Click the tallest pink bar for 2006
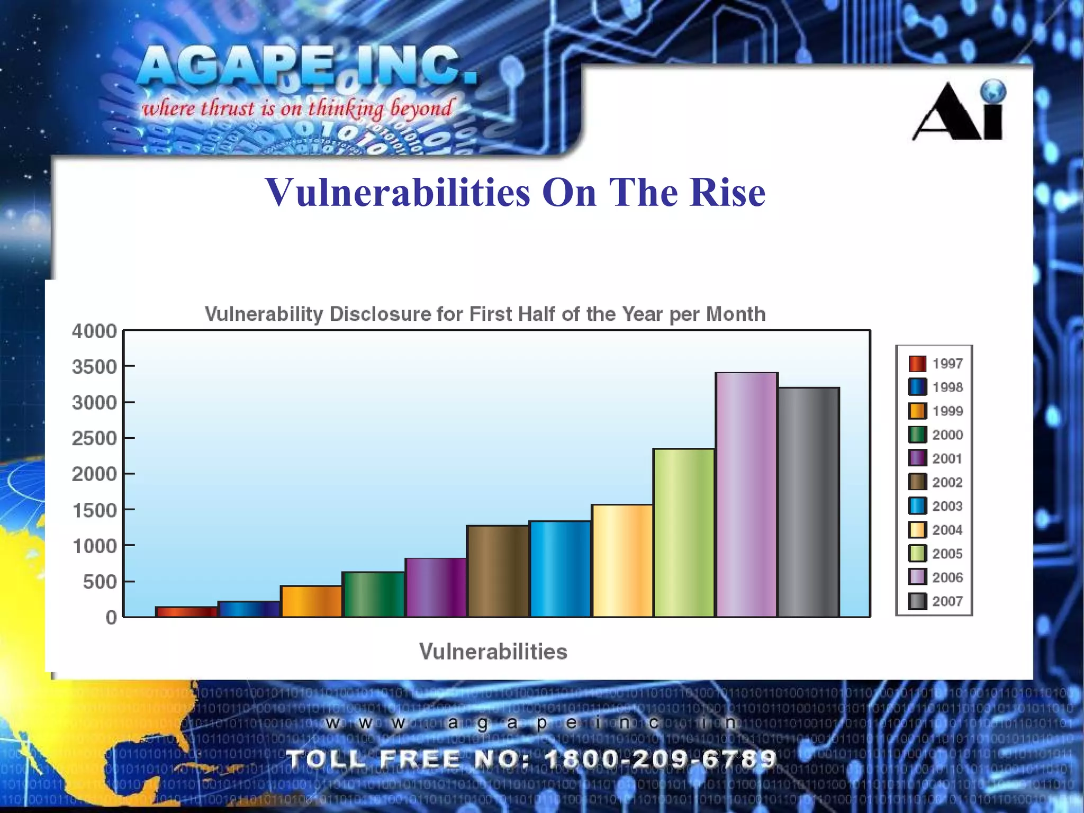746,495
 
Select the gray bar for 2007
809,502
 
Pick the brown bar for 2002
498,571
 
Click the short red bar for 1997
186,612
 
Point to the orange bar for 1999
311,601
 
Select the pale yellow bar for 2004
622,561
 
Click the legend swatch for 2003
917,506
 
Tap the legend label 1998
947,387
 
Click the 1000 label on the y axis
94,546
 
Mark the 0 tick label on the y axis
111,617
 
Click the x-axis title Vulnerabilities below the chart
493,652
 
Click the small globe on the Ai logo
992,91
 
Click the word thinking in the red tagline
346,109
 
